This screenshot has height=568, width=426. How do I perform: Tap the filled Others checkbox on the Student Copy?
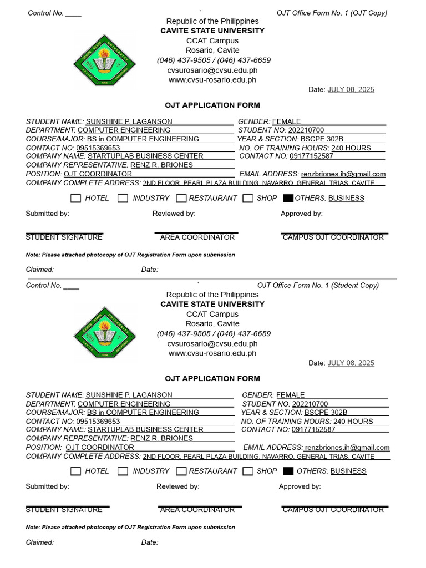[288, 471]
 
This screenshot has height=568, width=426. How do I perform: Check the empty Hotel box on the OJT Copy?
[75, 199]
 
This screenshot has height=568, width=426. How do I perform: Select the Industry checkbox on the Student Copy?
[123, 471]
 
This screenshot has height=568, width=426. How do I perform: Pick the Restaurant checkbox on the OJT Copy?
[181, 199]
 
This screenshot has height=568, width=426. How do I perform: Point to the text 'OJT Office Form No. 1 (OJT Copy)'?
[332, 13]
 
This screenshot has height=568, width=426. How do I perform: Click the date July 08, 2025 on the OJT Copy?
[351, 89]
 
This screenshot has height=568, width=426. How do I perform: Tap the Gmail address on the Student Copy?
[347, 448]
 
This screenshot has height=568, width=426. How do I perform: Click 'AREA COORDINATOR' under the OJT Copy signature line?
[197, 237]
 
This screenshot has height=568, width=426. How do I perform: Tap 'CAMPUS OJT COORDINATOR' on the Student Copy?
[333, 510]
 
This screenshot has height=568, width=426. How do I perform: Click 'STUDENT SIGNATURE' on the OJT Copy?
[64, 237]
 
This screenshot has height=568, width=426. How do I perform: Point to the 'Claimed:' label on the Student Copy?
[40, 542]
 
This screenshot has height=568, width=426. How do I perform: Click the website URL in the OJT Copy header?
[212, 80]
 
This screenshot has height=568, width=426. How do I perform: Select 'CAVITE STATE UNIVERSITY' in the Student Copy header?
[212, 304]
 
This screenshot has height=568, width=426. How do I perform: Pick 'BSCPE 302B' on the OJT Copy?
[322, 139]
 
